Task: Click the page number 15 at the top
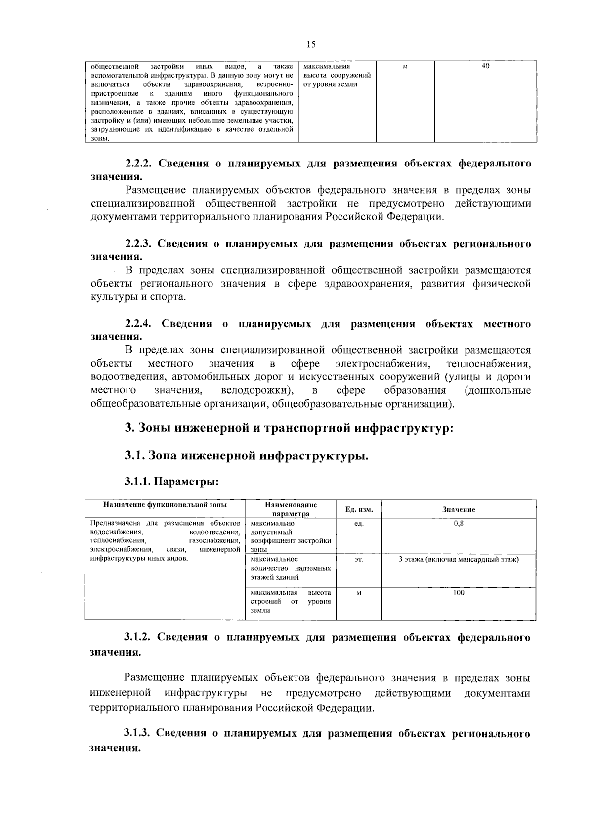pos(311,45)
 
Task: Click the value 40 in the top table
pos(485,66)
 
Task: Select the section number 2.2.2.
pos(140,164)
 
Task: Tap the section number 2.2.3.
pos(140,244)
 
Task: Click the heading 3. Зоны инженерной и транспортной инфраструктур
pos(289,427)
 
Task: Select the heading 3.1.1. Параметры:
pos(171,481)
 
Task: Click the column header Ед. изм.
pos(359,509)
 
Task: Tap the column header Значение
pos(458,509)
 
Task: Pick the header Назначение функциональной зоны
pos(165,505)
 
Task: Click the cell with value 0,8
pos(458,523)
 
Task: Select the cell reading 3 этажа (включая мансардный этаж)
pos(458,559)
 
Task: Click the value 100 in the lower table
pos(458,593)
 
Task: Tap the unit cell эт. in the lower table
pos(359,559)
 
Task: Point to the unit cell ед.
pos(359,523)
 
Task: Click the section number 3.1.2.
pos(140,637)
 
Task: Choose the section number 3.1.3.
pos(139,733)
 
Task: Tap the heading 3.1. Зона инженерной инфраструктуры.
pos(247,455)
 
